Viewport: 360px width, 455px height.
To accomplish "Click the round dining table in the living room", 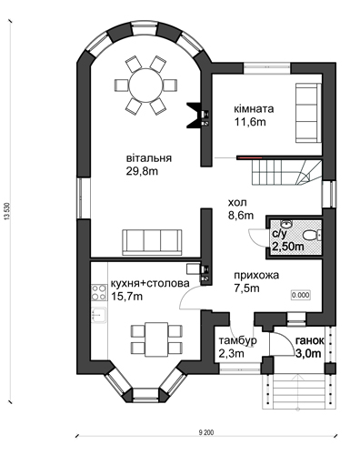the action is coord(145,86).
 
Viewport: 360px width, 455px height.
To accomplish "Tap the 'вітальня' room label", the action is coord(149,158).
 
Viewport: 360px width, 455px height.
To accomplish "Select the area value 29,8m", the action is coord(142,171).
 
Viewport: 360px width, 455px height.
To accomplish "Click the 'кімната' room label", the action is coord(254,108).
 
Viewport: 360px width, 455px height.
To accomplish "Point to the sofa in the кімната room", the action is coord(308,113).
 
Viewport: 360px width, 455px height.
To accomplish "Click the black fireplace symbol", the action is coord(195,116).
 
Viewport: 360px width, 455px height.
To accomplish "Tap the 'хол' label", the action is coord(237,202).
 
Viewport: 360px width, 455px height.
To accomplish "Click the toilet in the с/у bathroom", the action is coord(309,236).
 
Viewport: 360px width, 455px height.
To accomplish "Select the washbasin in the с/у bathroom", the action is coord(285,224).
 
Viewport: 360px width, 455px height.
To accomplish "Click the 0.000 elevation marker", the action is coord(301,295).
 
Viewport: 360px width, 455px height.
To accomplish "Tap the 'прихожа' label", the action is coord(256,275).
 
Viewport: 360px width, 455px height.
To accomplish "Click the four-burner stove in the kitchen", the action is coord(99,292).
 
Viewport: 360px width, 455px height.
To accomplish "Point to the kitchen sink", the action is coord(99,315).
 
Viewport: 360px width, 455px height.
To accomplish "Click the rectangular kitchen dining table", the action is coord(156,339).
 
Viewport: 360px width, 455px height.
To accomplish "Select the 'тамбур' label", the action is coord(238,340).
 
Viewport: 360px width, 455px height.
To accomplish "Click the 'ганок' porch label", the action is coord(309,340).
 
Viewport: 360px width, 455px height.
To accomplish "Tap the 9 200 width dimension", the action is coord(206,432).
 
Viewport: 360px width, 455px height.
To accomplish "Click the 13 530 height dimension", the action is coord(7,211).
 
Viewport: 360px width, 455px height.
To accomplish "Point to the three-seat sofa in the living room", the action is coord(152,242).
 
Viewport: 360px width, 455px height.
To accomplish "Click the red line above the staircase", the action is coord(250,157).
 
